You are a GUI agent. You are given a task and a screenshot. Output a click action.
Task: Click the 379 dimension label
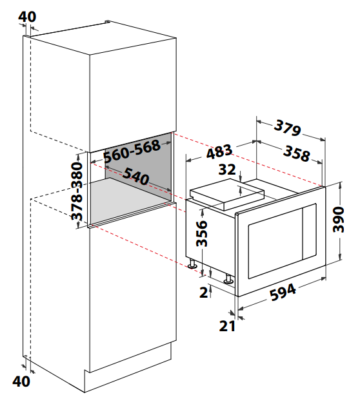click(287, 128)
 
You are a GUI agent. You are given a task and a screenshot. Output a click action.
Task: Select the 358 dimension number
click(296, 153)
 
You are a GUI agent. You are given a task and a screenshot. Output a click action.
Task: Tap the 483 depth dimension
click(219, 151)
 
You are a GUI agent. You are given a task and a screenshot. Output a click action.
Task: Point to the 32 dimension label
click(227, 169)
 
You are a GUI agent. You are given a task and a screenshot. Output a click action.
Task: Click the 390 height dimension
click(338, 220)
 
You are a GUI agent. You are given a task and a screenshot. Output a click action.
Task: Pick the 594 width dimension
click(283, 292)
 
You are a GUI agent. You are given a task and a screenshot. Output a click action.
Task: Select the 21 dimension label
click(227, 326)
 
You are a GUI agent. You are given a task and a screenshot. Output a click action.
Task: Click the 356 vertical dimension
click(201, 233)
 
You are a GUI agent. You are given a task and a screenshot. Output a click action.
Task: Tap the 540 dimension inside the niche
click(136, 176)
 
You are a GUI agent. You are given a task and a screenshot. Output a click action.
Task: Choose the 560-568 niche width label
click(132, 151)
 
